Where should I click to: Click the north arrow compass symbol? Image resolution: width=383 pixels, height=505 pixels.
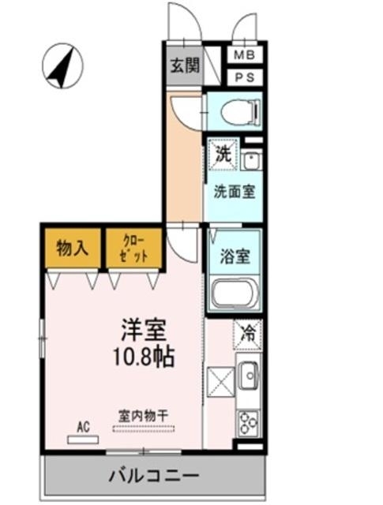(x=63, y=66)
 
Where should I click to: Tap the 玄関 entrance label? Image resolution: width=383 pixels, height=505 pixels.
(x=185, y=65)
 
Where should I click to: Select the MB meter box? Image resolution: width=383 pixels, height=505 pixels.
(x=245, y=55)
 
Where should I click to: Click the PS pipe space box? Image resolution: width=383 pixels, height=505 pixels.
(x=245, y=77)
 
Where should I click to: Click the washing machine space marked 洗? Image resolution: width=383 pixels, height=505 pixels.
(x=223, y=155)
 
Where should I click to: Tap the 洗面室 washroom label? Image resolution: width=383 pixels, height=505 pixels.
(x=235, y=192)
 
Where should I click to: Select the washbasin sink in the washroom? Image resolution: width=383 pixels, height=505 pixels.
(x=252, y=160)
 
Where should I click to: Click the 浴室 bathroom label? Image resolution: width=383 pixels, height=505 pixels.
(x=235, y=256)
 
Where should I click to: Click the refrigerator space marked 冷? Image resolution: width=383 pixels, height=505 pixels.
(x=248, y=335)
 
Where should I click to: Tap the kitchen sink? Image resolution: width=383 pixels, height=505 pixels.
(x=249, y=376)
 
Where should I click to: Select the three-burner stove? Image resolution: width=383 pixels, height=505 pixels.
(x=248, y=424)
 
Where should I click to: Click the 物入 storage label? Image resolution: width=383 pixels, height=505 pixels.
(x=72, y=249)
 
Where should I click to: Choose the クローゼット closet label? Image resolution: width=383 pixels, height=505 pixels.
(x=133, y=249)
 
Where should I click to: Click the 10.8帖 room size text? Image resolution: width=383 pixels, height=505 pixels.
(x=144, y=357)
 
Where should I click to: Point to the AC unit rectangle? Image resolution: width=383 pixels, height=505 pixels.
(x=83, y=440)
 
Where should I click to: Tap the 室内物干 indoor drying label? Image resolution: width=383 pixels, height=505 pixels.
(x=144, y=416)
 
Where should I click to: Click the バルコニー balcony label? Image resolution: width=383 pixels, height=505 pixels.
(x=154, y=475)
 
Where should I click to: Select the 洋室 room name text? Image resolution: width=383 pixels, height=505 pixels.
(x=144, y=330)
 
